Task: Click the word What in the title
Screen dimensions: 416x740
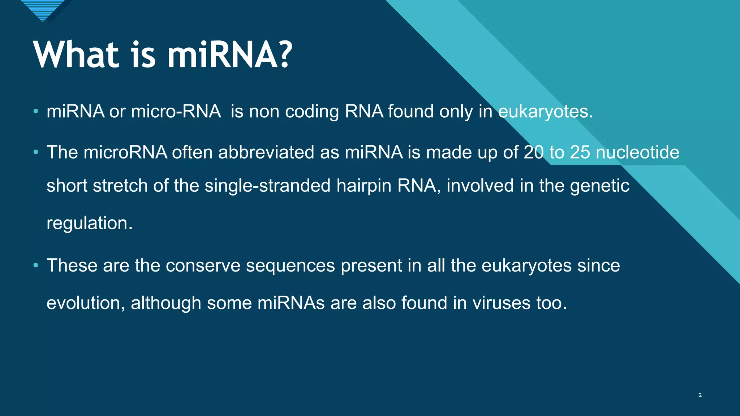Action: tap(76, 55)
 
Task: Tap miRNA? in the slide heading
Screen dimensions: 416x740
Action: tap(230, 55)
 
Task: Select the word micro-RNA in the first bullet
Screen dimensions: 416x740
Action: tap(176, 111)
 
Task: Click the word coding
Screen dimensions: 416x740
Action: tap(312, 111)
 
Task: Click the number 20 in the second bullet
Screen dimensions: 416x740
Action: tap(534, 152)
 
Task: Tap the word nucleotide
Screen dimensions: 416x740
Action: tap(637, 152)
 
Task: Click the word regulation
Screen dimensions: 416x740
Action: tap(89, 223)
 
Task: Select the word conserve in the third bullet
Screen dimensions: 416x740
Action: tap(203, 265)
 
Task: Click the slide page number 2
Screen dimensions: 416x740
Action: tap(700, 395)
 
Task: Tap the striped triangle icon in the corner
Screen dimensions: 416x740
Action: tap(43, 9)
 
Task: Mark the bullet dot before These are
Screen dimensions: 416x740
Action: tap(36, 266)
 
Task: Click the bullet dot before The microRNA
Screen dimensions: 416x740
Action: tap(36, 152)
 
